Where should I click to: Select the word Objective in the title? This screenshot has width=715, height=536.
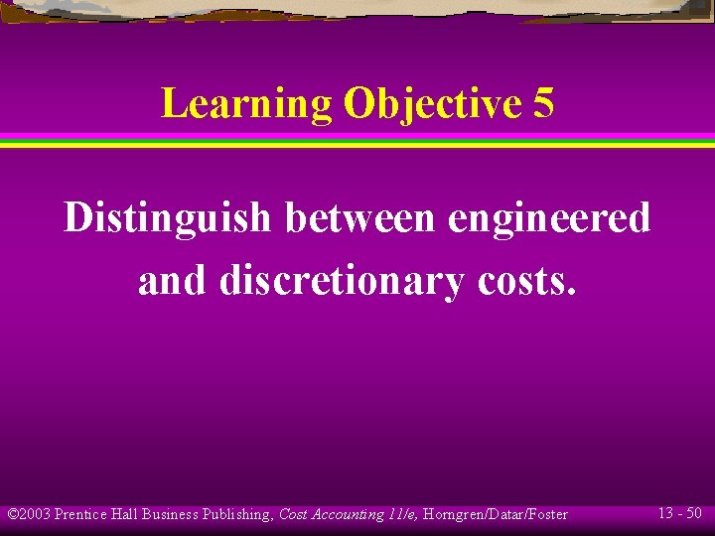(431, 104)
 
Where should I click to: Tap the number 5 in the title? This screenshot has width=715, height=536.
(543, 103)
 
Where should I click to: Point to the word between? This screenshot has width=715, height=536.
(360, 218)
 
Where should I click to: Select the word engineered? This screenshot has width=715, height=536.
(549, 218)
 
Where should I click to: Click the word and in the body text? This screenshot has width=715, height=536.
(174, 281)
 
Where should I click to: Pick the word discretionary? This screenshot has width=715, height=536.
(341, 282)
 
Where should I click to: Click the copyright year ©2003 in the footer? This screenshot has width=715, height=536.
(29, 514)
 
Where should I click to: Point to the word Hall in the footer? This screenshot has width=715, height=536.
(126, 514)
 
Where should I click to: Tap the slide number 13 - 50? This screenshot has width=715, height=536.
(680, 513)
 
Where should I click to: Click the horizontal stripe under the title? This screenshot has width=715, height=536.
(357, 140)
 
